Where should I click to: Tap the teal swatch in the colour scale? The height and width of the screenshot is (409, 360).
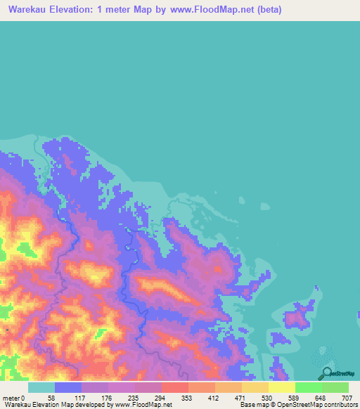41,387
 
